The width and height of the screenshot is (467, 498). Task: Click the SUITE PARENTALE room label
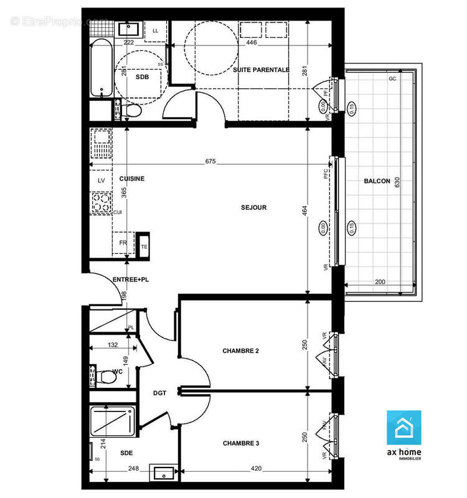pyautogui.click(x=261, y=70)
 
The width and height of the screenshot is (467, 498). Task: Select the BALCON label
pyautogui.click(x=377, y=181)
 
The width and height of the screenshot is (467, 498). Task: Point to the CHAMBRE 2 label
pyautogui.click(x=241, y=351)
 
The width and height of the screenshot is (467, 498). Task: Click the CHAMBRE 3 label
pyautogui.click(x=241, y=443)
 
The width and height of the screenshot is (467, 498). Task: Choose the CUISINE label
pyautogui.click(x=132, y=179)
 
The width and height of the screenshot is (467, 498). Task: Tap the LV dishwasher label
pyautogui.click(x=101, y=181)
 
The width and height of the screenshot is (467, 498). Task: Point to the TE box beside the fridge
pyautogui.click(x=144, y=246)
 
